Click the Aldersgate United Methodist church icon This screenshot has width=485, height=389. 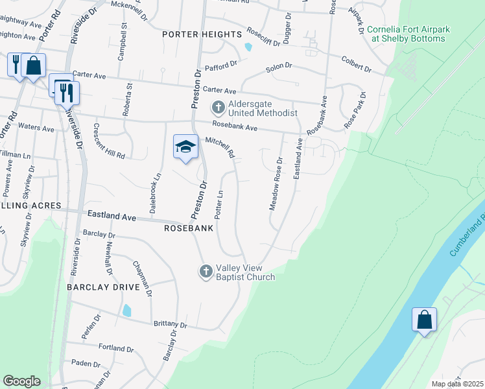pyautogui.click(x=219, y=107)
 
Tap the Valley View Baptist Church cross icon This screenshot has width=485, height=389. pyautogui.click(x=206, y=271)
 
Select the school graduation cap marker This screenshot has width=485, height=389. pyautogui.click(x=185, y=147)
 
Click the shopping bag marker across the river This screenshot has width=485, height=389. pyautogui.click(x=424, y=320)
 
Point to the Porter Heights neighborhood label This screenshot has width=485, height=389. pyautogui.click(x=202, y=34)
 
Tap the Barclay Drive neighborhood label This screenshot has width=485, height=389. pyautogui.click(x=103, y=287)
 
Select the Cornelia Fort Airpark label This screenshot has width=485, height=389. pyautogui.click(x=407, y=34)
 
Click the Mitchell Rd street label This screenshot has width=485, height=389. pyautogui.click(x=220, y=147)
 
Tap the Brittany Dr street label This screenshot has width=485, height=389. pyautogui.click(x=170, y=324)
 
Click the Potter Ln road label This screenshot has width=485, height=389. pyautogui.click(x=219, y=204)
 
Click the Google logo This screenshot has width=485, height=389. pyautogui.click(x=21, y=381)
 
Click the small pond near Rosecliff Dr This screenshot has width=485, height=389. pyautogui.click(x=247, y=47)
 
